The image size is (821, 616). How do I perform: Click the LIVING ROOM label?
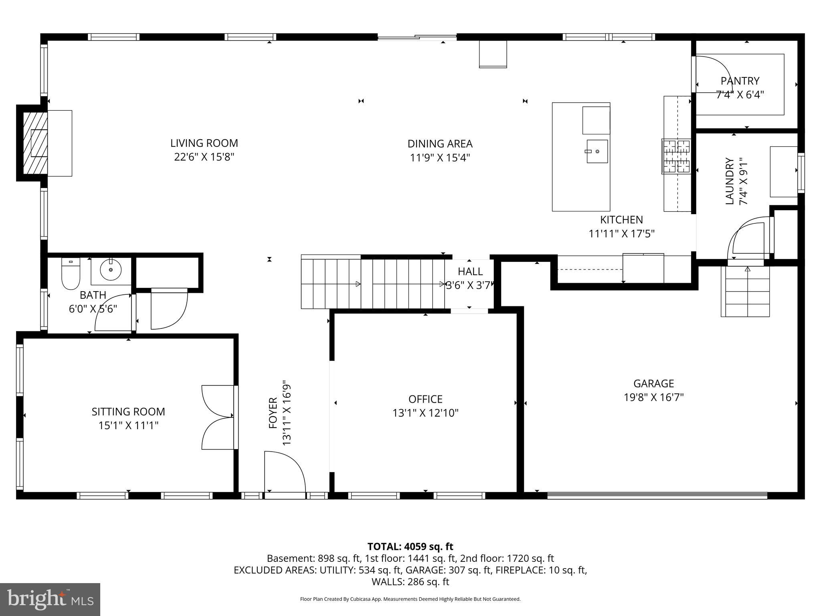[204, 143]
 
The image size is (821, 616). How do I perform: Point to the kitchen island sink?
[597, 151]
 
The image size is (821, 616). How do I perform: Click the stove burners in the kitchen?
[676, 156]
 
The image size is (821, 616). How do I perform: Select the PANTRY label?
[740, 81]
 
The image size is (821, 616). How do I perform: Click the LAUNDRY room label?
[730, 181]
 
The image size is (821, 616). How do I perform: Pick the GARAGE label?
[653, 384]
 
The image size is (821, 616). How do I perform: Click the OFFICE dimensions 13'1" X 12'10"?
[425, 413]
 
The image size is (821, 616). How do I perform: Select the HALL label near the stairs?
[470, 272]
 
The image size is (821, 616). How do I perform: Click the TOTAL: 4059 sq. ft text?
[410, 547]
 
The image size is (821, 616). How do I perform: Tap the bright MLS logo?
[50, 599]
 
